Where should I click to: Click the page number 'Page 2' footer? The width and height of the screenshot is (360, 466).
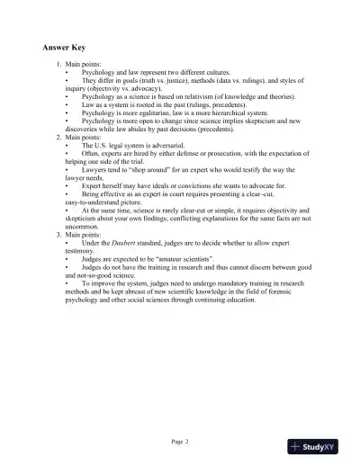point(180,441)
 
